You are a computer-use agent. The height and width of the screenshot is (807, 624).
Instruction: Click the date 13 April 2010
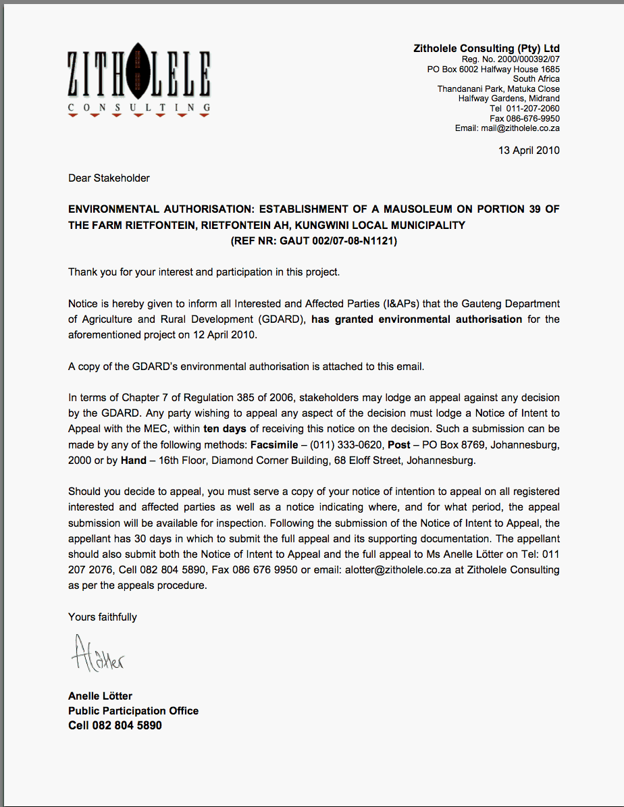tap(529, 151)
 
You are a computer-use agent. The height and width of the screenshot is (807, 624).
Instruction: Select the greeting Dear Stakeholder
tap(109, 178)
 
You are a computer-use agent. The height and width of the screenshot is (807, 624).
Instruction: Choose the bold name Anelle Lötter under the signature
tap(100, 696)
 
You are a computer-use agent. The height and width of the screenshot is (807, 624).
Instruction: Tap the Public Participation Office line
tap(133, 711)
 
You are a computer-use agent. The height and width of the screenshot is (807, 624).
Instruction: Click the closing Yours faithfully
tap(103, 617)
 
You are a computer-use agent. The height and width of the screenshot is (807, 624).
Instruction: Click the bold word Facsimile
tap(275, 446)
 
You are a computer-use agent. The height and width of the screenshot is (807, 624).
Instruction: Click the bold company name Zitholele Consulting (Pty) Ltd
tap(486, 49)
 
